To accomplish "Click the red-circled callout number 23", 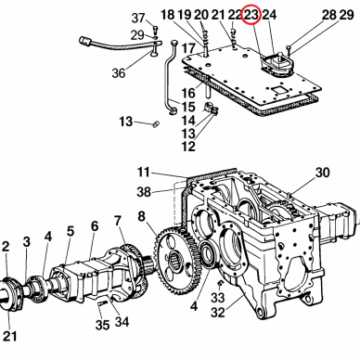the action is click(x=251, y=15).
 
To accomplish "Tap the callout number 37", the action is click(x=138, y=19).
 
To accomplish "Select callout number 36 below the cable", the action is click(x=119, y=73).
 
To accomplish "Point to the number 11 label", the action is click(x=144, y=173).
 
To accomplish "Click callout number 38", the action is click(x=144, y=192).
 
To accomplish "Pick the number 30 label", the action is click(x=322, y=173).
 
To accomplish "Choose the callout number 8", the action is click(x=141, y=216).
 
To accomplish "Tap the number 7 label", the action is click(x=118, y=221).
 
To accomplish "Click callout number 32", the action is click(x=218, y=313).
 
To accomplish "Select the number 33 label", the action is click(x=218, y=298).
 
